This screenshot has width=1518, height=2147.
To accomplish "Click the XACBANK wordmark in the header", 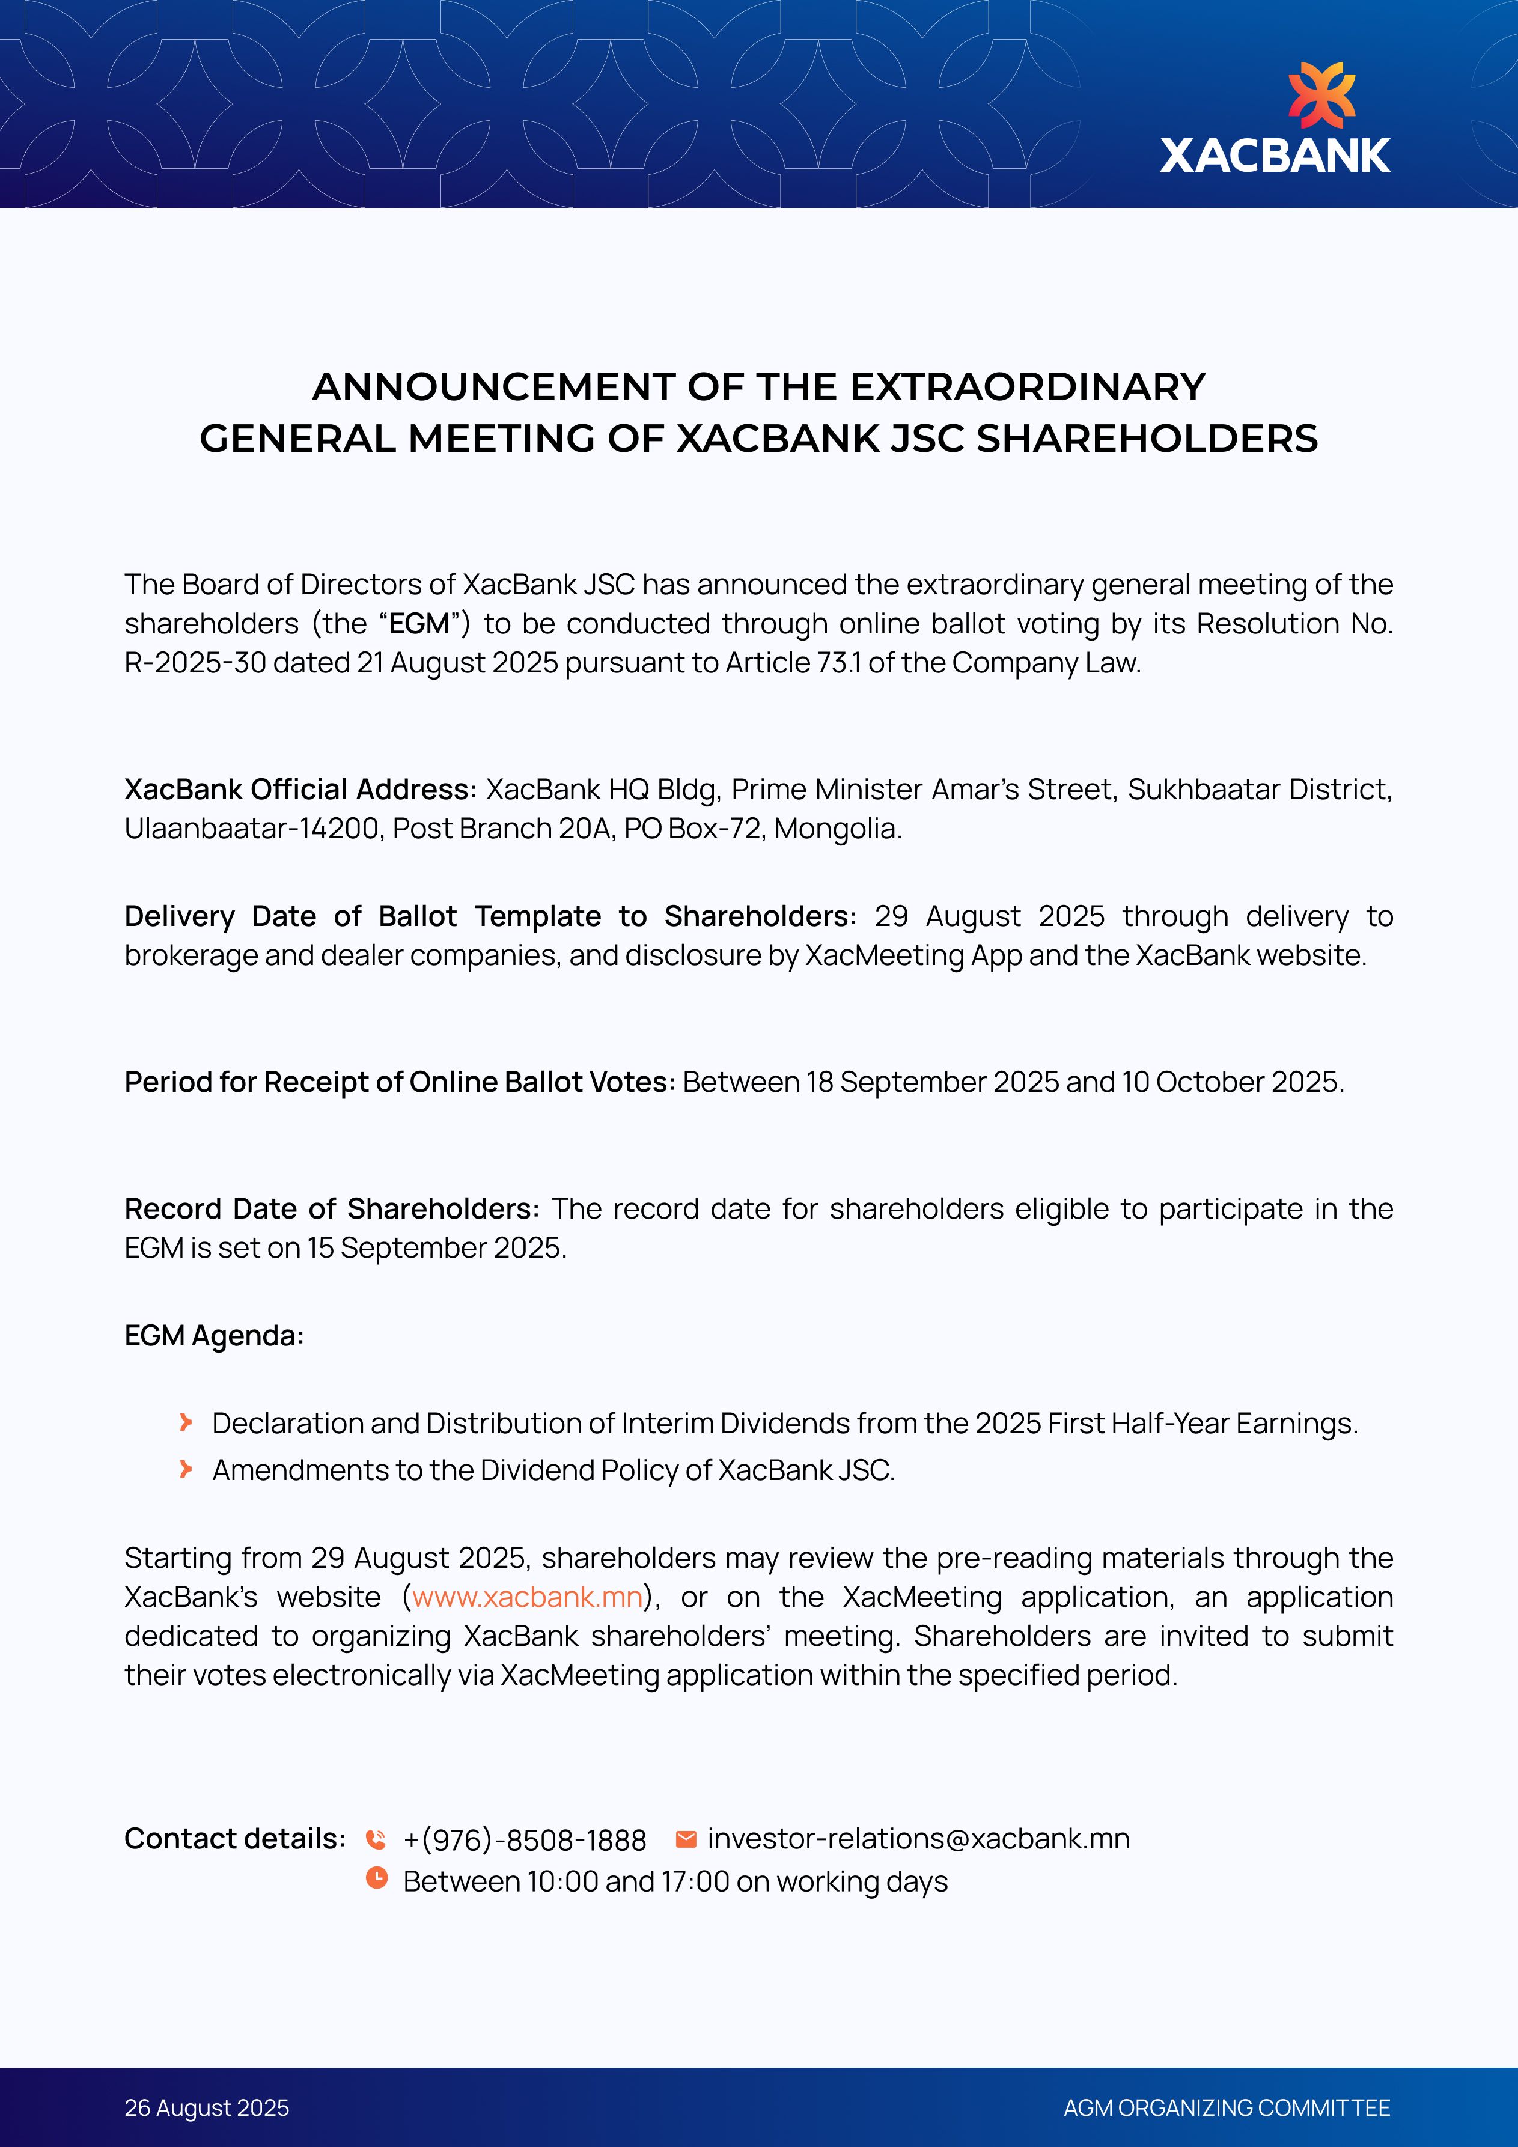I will pyautogui.click(x=1275, y=156).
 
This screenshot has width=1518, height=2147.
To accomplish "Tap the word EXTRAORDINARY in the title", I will pyautogui.click(x=1028, y=387).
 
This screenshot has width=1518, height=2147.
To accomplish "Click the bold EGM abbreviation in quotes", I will pyautogui.click(x=419, y=624).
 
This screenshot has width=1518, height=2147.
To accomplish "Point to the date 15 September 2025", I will pyautogui.click(x=436, y=1249).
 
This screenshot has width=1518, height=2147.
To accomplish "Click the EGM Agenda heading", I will pyautogui.click(x=214, y=1335).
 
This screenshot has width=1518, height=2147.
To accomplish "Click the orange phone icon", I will pyautogui.click(x=376, y=1839).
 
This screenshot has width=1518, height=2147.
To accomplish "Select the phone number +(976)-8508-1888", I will pyautogui.click(x=525, y=1841).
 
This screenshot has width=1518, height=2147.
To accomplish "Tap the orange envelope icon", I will pyautogui.click(x=686, y=1839).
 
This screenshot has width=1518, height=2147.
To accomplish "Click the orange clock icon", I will pyautogui.click(x=376, y=1878).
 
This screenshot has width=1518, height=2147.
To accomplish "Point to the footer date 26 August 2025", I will pyautogui.click(x=207, y=2108).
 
